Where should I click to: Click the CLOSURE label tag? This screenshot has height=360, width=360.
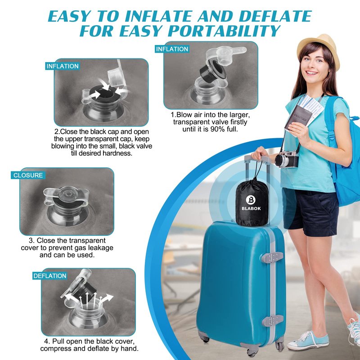[x=28, y=175]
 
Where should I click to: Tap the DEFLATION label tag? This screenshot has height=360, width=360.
[x=50, y=276]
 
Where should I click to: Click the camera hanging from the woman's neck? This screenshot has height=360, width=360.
[x=287, y=159]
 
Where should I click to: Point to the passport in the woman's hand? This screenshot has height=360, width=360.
[x=298, y=117]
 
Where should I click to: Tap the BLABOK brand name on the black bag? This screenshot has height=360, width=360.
[x=251, y=208]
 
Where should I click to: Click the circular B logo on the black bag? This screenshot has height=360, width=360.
[x=251, y=200]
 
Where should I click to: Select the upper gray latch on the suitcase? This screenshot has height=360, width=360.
[x=272, y=257]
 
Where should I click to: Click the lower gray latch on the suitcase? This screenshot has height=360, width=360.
[x=273, y=320]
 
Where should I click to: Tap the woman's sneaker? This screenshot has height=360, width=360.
[x=308, y=341]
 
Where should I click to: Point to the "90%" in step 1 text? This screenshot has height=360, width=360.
[x=218, y=129]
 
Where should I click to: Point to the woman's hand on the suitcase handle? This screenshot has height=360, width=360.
[x=260, y=153]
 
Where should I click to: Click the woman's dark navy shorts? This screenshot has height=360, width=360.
[x=310, y=211]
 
